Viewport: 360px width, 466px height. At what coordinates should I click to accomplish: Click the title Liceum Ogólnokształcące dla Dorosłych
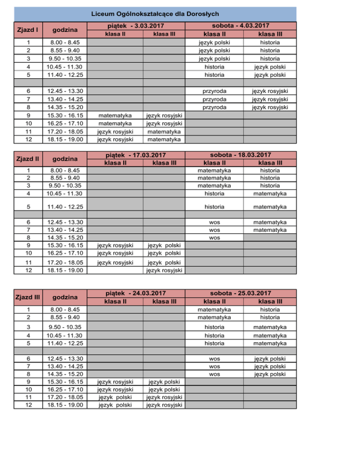pyautogui.click(x=148, y=14)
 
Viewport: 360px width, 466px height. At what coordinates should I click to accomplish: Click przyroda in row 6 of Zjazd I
pyautogui.click(x=214, y=91)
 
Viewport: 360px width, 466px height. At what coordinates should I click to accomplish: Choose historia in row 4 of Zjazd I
pyautogui.click(x=214, y=67)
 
